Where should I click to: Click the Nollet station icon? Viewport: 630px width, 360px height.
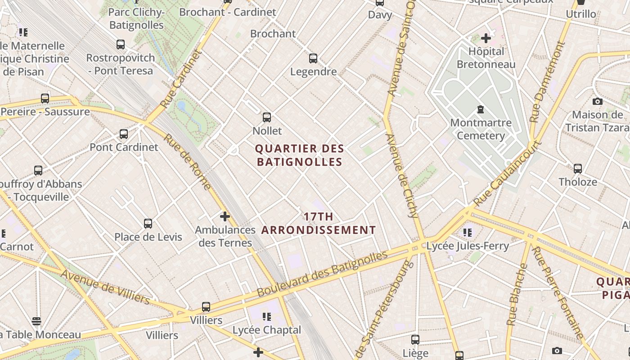267,117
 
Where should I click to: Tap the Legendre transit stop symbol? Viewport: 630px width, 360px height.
313,58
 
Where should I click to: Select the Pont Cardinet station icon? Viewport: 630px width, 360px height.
124,134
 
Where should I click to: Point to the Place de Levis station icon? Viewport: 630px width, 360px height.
148,223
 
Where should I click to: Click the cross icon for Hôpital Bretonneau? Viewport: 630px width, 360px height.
486,38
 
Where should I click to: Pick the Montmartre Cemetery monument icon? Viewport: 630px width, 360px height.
481,109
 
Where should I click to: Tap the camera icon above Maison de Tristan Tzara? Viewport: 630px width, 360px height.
598,101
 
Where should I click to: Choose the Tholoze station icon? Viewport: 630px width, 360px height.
578,169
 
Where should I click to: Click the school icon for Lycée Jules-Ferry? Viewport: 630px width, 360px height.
468,232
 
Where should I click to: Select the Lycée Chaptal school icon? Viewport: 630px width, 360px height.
266,316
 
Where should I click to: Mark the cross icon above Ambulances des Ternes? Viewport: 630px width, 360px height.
225,216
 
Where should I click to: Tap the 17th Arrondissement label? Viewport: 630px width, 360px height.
319,223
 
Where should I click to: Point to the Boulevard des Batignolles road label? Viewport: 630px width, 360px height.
322,274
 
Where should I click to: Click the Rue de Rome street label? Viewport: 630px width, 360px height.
186,162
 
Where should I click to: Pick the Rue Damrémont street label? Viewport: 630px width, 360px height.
547,82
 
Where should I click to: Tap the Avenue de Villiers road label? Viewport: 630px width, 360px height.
105,287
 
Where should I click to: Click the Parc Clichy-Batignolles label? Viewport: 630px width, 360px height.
136,18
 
